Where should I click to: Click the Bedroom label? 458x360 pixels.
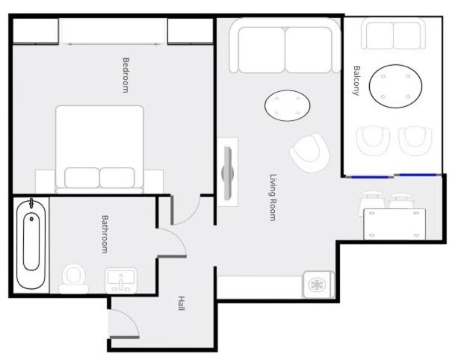click(126, 75)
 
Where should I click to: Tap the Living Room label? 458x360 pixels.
click(273, 197)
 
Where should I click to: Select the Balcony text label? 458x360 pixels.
click(356, 81)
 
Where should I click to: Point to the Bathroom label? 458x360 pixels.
click(105, 235)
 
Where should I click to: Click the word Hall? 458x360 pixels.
click(182, 303)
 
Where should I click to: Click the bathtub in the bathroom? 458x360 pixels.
click(31, 243)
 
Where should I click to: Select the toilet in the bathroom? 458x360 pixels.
click(74, 279)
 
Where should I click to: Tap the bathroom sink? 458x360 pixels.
click(121, 280)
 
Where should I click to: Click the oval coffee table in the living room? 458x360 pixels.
click(287, 105)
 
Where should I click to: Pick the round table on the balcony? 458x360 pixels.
click(395, 86)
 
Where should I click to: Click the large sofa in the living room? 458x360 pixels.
click(285, 46)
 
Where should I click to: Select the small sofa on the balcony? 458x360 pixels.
click(393, 34)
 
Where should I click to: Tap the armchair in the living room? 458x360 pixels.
click(309, 152)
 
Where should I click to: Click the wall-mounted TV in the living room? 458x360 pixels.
click(228, 173)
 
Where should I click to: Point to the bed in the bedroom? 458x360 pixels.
click(99, 149)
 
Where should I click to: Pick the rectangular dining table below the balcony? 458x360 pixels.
click(394, 224)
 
